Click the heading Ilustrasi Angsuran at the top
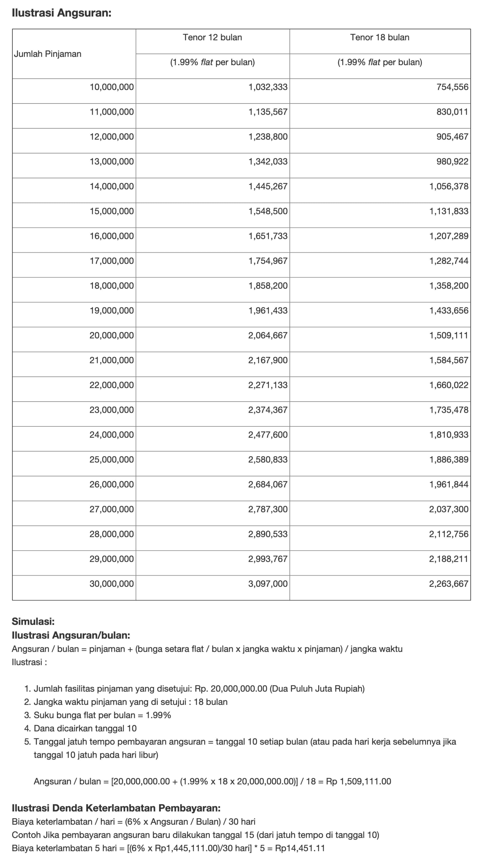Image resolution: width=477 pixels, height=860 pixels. click(x=61, y=13)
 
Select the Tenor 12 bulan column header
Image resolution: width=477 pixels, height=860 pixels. click(x=212, y=37)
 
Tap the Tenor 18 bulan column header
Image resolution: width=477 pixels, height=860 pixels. click(x=379, y=37)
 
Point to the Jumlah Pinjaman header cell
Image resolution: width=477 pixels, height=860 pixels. click(x=48, y=54)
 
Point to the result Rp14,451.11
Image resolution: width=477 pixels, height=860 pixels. click(x=299, y=848)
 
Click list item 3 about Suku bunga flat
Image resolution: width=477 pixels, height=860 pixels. click(x=102, y=715)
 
